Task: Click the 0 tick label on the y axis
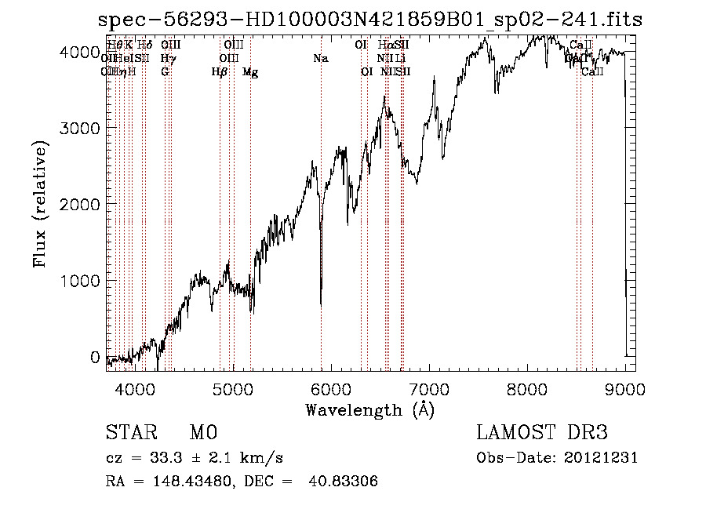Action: [x=95, y=357]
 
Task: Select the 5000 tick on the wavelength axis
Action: [x=232, y=387]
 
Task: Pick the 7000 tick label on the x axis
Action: [x=429, y=387]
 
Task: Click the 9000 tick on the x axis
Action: [x=625, y=387]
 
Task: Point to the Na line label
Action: [x=320, y=59]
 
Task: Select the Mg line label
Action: [x=250, y=72]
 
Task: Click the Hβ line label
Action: [x=220, y=72]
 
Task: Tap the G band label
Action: [x=165, y=72]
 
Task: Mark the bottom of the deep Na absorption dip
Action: [x=321, y=304]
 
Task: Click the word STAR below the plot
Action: [x=129, y=433]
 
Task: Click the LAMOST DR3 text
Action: [x=542, y=433]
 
